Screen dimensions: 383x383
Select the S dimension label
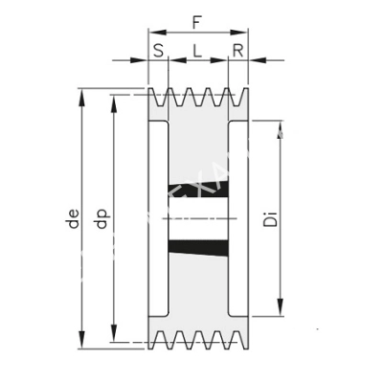click(158, 50)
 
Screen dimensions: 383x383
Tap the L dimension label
click(197, 50)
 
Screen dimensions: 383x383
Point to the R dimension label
click(237, 50)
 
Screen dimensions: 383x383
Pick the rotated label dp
click(102, 219)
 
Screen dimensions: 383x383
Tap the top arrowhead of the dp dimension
click(115, 101)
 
